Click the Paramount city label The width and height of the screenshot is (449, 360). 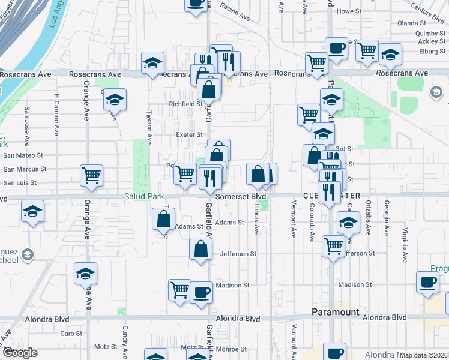coord(335,312)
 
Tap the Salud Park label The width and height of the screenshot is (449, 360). coord(142,196)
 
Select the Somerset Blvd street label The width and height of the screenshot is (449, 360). coord(240,196)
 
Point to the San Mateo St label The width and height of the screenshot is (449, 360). coord(25,155)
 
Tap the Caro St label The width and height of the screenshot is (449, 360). coord(71,333)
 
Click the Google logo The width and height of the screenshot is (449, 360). coord(20,353)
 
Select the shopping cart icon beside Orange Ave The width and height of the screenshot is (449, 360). coord(92,176)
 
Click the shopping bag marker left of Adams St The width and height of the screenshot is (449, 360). coord(163,219)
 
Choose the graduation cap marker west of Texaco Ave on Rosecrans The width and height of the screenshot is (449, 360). coord(153,62)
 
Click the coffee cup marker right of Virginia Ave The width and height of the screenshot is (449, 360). coord(428,282)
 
